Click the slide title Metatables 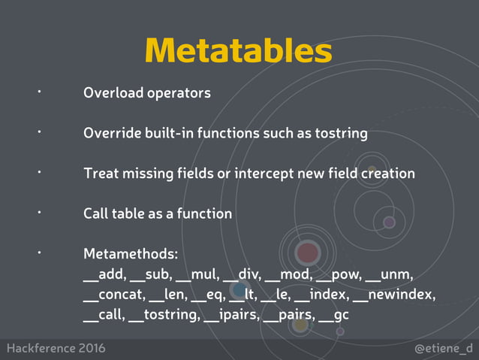point(239,50)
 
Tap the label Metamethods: point(130,253)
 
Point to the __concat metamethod point(113,294)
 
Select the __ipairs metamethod point(231,314)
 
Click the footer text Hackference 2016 point(56,349)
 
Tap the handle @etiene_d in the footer point(444,349)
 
